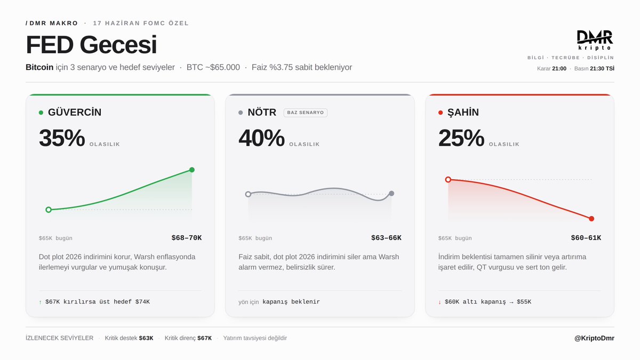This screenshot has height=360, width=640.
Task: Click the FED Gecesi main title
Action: click(x=91, y=45)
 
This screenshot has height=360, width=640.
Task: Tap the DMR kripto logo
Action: click(x=595, y=41)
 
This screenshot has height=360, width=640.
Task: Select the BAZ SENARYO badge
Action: click(x=306, y=113)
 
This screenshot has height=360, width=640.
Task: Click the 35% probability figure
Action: click(x=62, y=138)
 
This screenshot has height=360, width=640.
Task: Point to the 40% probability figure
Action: click(x=261, y=138)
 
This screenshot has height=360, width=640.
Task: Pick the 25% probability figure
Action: click(x=461, y=138)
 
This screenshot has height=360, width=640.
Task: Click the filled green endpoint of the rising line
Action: click(x=192, y=170)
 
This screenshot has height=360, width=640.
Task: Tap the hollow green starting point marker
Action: click(x=49, y=210)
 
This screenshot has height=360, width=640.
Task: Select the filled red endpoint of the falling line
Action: click(x=591, y=219)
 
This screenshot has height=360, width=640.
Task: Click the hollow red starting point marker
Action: click(x=448, y=179)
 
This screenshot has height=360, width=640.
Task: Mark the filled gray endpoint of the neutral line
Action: click(x=391, y=194)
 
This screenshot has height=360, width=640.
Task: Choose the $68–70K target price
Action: click(x=187, y=238)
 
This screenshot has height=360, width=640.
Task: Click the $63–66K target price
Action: click(x=386, y=238)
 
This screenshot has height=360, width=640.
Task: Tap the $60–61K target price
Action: click(x=586, y=238)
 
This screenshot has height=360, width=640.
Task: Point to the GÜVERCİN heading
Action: click(x=75, y=112)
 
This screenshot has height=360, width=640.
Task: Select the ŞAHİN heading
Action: click(x=463, y=112)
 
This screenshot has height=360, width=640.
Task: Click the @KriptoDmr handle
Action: click(x=594, y=338)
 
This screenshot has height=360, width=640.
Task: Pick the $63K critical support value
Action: click(x=146, y=338)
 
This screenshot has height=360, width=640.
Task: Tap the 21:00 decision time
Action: click(x=559, y=68)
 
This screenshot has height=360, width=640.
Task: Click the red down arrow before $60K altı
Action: click(x=439, y=302)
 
